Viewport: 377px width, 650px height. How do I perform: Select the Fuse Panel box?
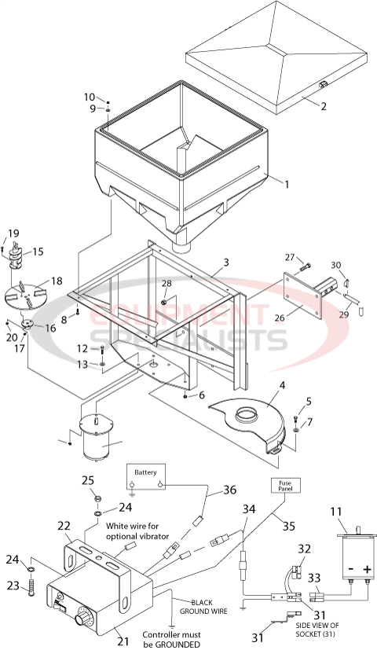click(284, 485)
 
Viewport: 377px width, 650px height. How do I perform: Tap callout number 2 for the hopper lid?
click(323, 107)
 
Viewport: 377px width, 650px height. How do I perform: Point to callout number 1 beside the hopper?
click(287, 184)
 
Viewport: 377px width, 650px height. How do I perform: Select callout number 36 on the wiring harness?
click(229, 489)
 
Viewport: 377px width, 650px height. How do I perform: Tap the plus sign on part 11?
click(366, 568)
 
